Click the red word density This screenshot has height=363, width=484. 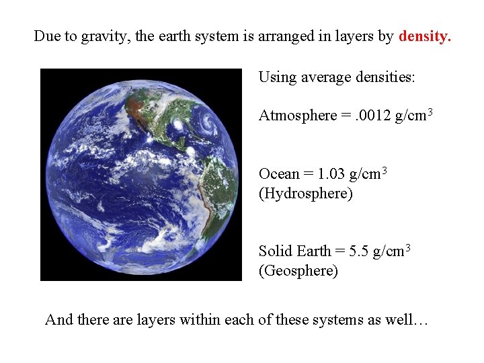click(x=425, y=36)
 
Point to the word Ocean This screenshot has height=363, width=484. click(x=278, y=174)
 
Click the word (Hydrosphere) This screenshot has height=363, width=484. click(x=306, y=194)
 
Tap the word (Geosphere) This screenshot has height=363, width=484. click(x=298, y=271)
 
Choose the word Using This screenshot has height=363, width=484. click(x=277, y=77)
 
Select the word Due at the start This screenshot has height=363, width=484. click(x=47, y=36)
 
